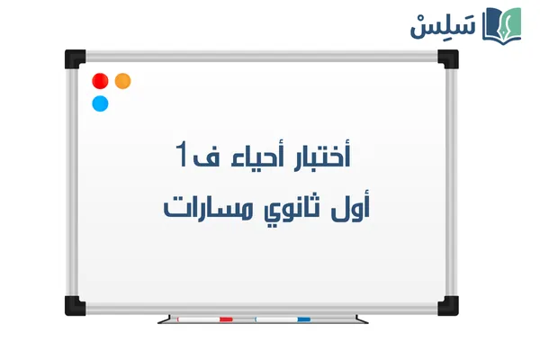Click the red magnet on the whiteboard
tap(100, 81)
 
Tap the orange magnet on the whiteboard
tap(123, 81)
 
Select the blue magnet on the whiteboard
tap(100, 103)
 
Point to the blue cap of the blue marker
tap(303, 319)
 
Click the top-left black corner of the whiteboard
tap(74, 58)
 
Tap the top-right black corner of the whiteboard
tap(449, 58)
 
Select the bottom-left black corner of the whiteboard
tap(74, 304)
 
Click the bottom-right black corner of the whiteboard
tap(449, 304)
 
